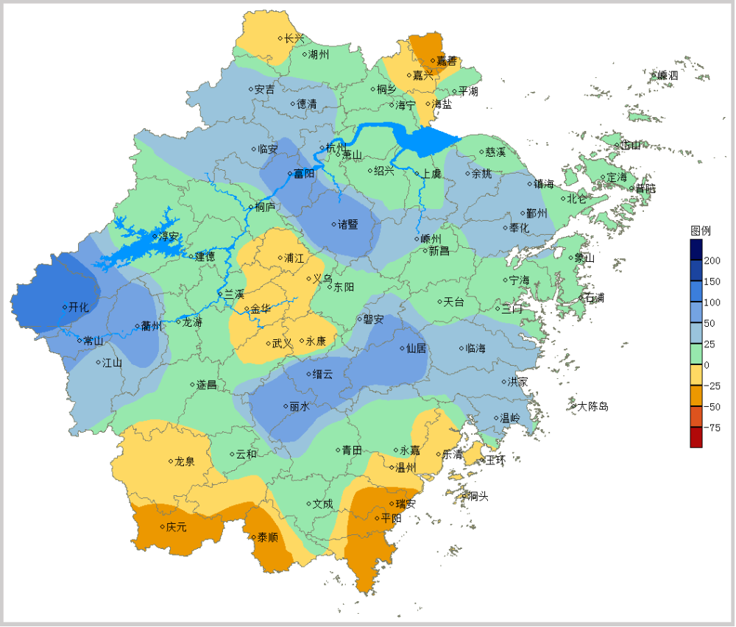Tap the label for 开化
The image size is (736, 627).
point(78,308)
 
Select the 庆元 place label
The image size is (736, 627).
point(177,527)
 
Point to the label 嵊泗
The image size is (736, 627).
point(668,75)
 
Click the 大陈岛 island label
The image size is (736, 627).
point(592,406)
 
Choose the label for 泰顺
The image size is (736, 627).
point(267,537)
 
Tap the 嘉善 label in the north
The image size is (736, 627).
point(447,60)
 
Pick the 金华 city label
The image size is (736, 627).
point(261,309)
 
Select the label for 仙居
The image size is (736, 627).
point(417,348)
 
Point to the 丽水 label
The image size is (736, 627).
point(299,406)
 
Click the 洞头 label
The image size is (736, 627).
point(478,496)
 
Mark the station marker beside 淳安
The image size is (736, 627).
point(155,236)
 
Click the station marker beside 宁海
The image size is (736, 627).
point(504,280)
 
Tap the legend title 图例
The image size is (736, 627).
point(700,230)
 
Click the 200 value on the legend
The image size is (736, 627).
point(712,261)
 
